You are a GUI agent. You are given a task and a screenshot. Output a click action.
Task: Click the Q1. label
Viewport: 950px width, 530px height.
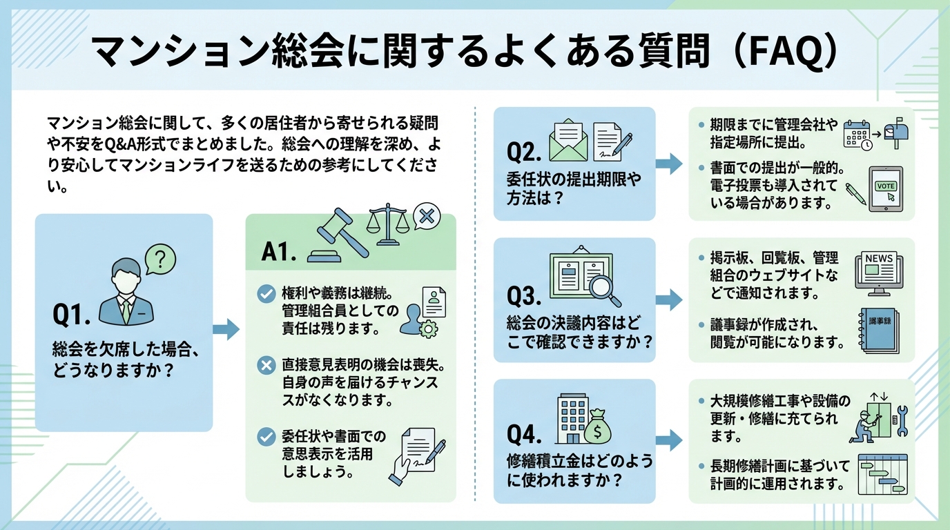tap(72, 315)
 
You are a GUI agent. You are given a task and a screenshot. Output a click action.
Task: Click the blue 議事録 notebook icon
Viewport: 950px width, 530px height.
tap(877, 331)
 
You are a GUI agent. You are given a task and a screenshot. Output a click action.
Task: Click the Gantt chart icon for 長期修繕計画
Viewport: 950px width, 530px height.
tap(881, 474)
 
